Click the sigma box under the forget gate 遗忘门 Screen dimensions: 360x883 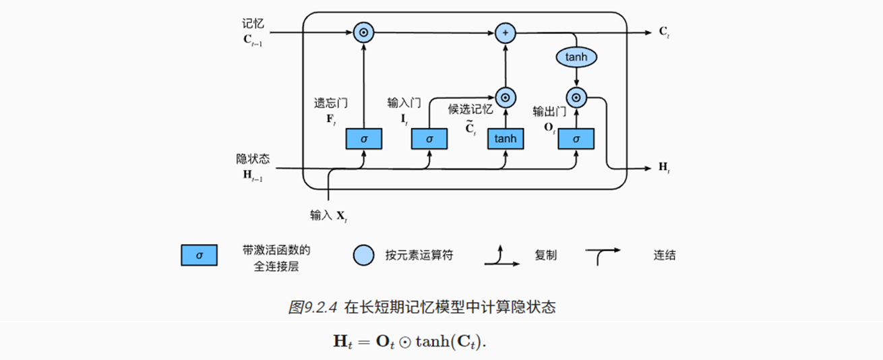point(364,138)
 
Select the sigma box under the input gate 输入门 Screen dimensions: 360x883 point(430,138)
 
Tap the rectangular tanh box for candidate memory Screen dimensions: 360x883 point(506,138)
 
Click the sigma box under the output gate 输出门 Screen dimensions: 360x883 point(576,138)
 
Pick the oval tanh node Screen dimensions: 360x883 point(576,57)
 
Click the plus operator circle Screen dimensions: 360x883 point(505,32)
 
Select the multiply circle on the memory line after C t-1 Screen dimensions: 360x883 point(364,32)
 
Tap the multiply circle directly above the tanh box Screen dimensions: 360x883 point(505,96)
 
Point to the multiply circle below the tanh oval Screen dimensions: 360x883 point(576,98)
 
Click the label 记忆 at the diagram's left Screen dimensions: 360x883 point(253,24)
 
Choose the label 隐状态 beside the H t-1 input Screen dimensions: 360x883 point(253,159)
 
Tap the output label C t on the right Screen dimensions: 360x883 point(664,32)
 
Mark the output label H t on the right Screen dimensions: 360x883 point(664,167)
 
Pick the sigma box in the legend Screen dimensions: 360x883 point(199,256)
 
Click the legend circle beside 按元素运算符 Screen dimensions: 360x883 point(363,256)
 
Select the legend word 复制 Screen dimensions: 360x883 point(546,256)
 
